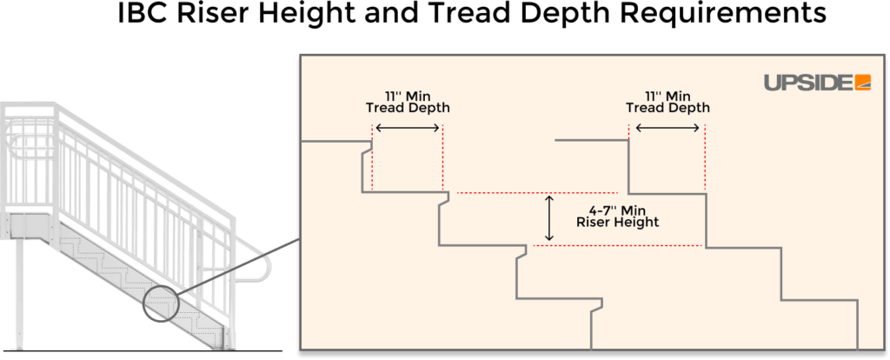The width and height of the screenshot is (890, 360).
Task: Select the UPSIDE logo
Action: pos(817,82)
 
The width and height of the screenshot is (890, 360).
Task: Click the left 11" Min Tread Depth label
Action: pos(407,102)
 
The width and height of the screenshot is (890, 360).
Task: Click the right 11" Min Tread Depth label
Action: pos(667,102)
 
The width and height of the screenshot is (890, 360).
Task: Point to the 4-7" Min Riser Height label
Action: pos(617,216)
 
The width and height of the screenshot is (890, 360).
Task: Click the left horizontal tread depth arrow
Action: pos(407,128)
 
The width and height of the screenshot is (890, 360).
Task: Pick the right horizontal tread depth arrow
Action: pos(667,128)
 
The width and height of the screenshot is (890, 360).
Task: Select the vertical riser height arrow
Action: pos(548,218)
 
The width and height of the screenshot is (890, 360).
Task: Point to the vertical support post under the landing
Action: pos(20,296)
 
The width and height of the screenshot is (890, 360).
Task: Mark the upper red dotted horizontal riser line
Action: pos(536,192)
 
